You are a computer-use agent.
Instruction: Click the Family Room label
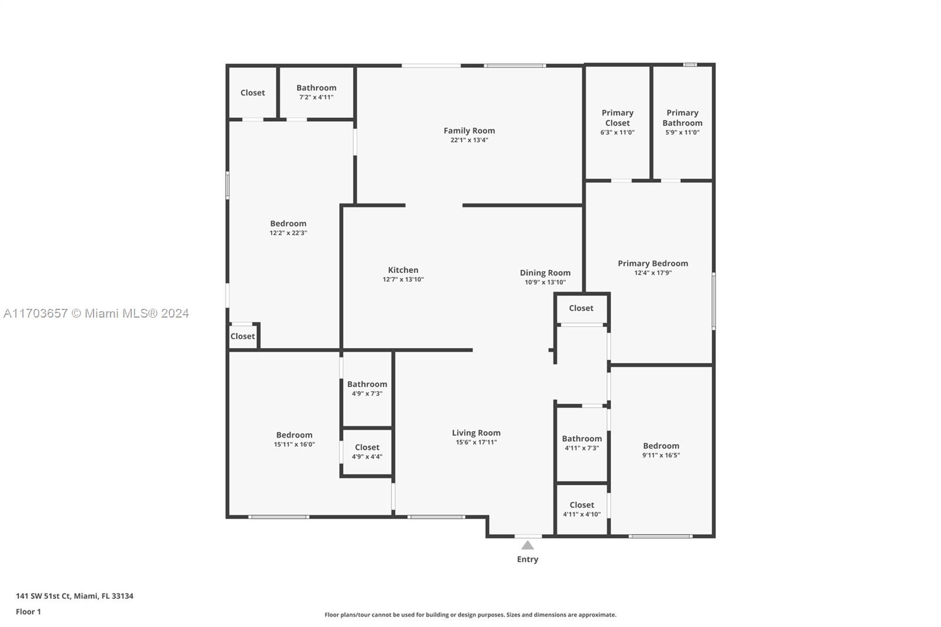point(469,131)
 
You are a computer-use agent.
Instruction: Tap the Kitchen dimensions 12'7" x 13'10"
point(403,280)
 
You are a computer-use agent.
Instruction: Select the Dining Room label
point(545,273)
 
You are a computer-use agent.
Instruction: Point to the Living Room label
point(476,433)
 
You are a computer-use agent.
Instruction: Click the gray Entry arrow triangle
point(528,545)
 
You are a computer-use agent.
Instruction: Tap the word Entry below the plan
point(528,559)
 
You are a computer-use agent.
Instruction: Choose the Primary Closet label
point(617,118)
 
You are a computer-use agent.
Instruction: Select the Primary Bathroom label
point(682,118)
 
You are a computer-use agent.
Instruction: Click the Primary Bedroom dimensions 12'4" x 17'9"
point(653,273)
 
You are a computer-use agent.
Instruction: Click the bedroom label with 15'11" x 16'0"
point(294,435)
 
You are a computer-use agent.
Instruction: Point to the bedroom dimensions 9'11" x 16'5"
point(661,455)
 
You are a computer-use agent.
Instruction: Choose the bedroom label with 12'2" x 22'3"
point(288,224)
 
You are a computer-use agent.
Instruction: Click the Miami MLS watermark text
point(96,313)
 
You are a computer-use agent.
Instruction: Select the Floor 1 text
point(28,612)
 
